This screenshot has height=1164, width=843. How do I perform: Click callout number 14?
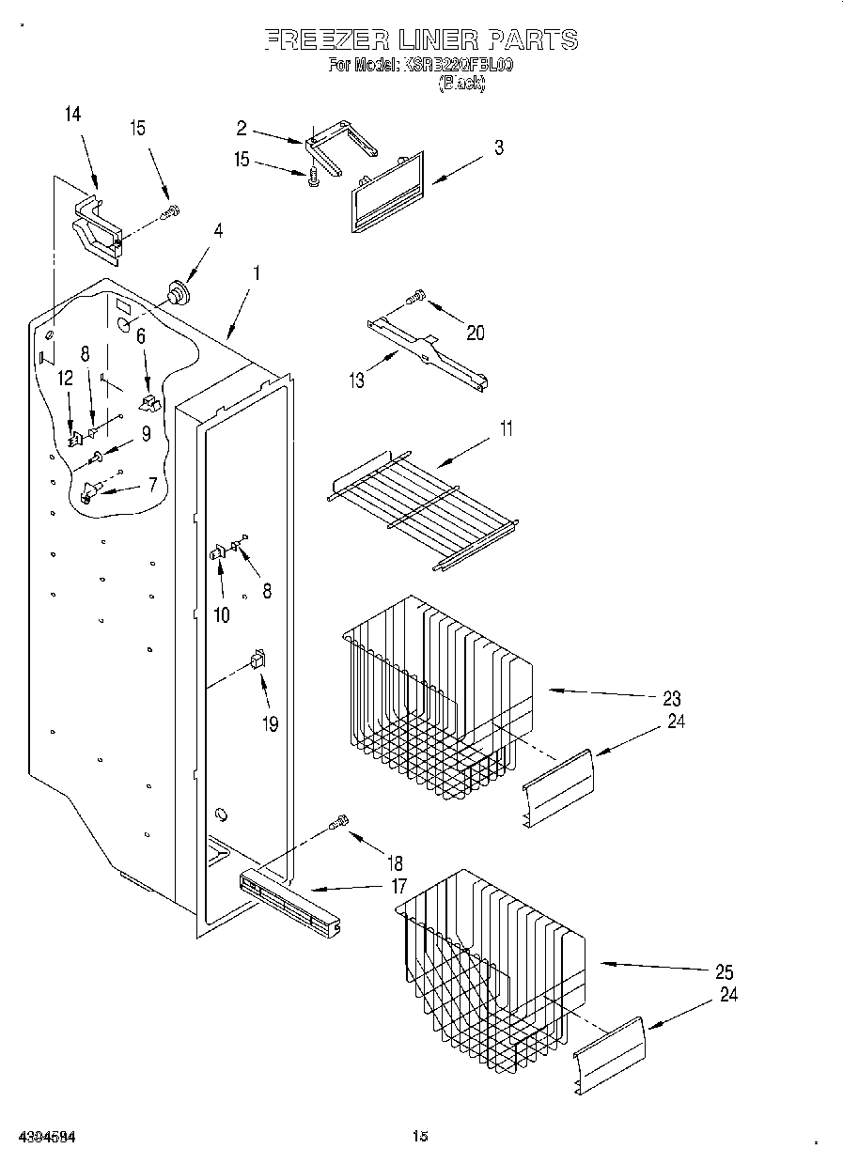(72, 115)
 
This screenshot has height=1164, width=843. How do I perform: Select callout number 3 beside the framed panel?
(499, 147)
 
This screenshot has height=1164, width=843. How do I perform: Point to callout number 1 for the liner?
(256, 275)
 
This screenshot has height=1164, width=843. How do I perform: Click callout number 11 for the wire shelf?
(507, 429)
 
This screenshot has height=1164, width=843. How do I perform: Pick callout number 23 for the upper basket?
(671, 698)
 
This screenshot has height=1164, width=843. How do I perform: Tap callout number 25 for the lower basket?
(724, 972)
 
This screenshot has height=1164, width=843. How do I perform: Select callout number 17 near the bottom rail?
(398, 885)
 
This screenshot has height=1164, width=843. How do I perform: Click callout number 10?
(222, 615)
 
